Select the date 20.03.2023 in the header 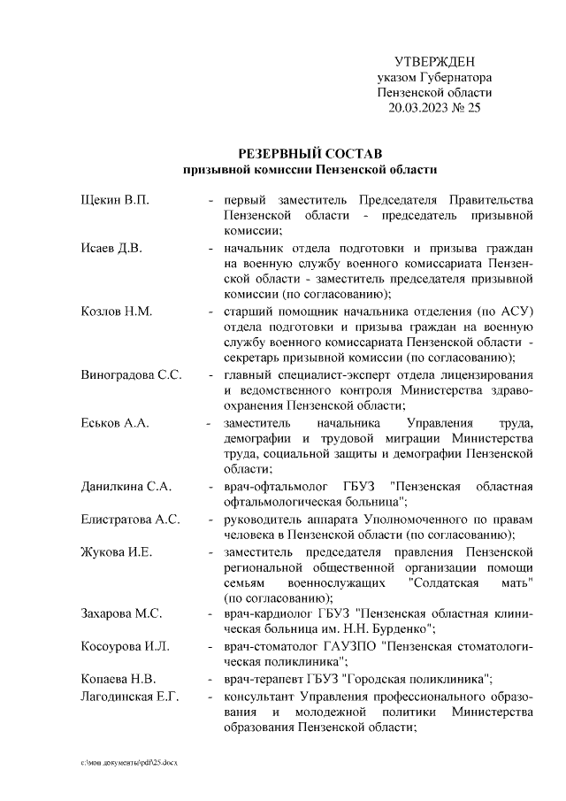pos(419,109)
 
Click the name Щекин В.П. pos(114,199)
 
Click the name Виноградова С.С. pos(131,374)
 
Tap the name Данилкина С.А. pos(126,487)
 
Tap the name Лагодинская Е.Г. pos(129,696)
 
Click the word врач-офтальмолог pos(274,487)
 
